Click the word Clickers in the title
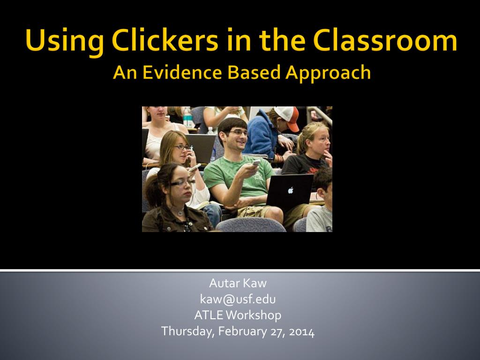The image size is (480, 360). (x=165, y=40)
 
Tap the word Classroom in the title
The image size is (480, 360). (x=385, y=40)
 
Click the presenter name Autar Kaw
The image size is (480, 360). (x=238, y=283)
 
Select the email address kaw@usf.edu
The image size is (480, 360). (x=238, y=300)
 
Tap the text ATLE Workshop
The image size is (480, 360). (x=238, y=315)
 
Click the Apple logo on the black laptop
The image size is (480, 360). (x=291, y=190)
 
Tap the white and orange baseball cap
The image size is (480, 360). (x=287, y=117)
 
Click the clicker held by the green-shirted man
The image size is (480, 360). (x=256, y=162)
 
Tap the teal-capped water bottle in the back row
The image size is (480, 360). (x=187, y=117)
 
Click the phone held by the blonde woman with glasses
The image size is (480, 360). (x=195, y=168)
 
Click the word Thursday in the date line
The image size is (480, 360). (x=187, y=332)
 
